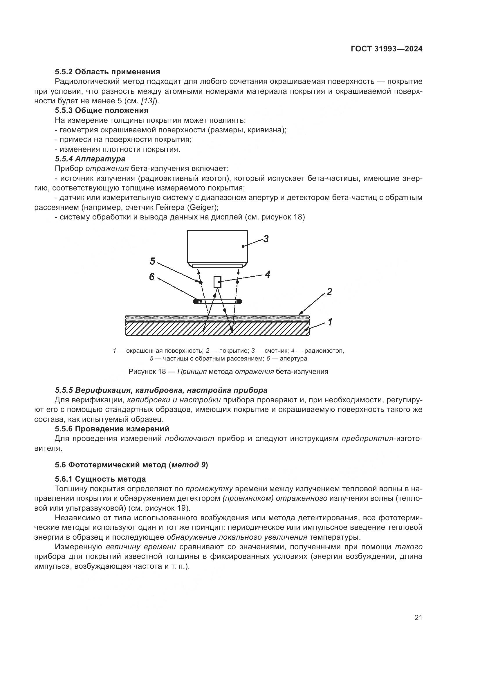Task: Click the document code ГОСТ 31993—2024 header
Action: pyautogui.click(x=386, y=49)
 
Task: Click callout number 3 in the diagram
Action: pyautogui.click(x=266, y=239)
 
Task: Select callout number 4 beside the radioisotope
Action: pyautogui.click(x=267, y=274)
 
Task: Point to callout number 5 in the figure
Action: pyautogui.click(x=152, y=261)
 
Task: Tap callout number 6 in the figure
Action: pyautogui.click(x=151, y=277)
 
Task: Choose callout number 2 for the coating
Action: pyautogui.click(x=329, y=292)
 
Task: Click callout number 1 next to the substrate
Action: pyautogui.click(x=330, y=322)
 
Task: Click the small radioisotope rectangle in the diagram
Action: pyautogui.click(x=218, y=282)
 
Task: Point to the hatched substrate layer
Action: pyautogui.click(x=177, y=329)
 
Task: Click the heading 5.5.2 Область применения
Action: pyautogui.click(x=107, y=72)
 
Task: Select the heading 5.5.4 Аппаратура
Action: pyautogui.click(x=90, y=159)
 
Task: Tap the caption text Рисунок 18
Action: pyautogui.click(x=147, y=372)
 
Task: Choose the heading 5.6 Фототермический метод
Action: pyautogui.click(x=131, y=465)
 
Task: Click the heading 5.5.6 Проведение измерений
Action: pyautogui.click(x=112, y=429)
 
